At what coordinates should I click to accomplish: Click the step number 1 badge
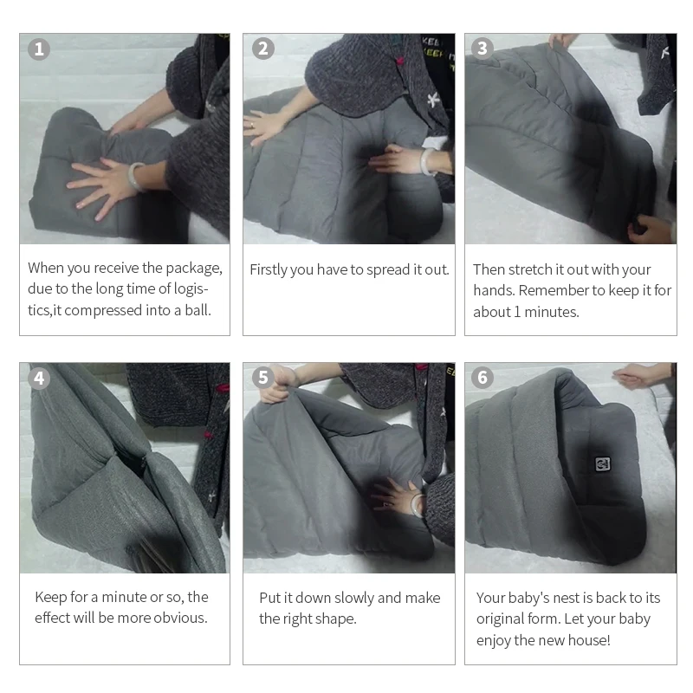[39, 49]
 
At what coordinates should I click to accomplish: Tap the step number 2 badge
[263, 49]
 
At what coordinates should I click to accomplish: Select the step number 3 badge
[483, 49]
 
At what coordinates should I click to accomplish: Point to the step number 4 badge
[39, 379]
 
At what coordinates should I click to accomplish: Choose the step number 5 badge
[263, 378]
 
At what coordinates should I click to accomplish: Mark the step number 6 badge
[483, 378]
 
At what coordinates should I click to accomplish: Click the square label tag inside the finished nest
[602, 464]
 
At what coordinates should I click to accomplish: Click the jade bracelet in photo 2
[428, 161]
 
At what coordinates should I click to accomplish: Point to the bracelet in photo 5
[417, 505]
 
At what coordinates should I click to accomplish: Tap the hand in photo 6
[636, 376]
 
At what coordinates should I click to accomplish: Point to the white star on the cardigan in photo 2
[433, 100]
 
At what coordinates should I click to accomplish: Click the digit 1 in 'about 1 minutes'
[517, 312]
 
